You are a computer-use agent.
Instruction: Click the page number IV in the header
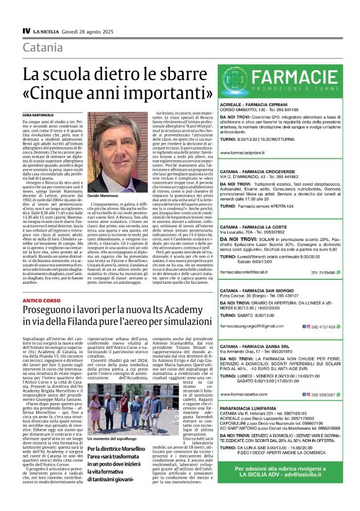(x=26, y=30)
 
